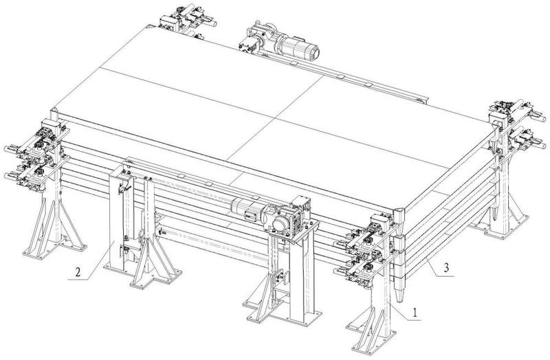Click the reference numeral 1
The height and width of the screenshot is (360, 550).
(415, 312)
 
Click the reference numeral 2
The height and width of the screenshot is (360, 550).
(78, 272)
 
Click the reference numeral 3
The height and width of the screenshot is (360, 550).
(445, 268)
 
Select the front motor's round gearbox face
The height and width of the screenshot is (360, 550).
(280, 224)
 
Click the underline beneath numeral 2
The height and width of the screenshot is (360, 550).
(78, 280)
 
